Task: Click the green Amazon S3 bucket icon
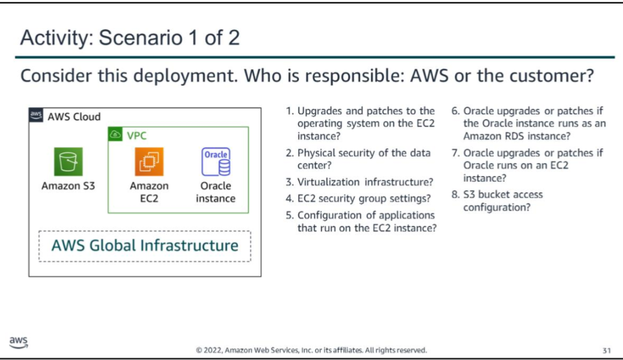coord(68,162)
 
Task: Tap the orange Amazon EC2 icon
coord(149,162)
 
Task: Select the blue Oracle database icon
coord(216,162)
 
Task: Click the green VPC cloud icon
coord(115,135)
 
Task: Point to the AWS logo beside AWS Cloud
coord(36,115)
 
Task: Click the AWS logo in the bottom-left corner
coord(18,343)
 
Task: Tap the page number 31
coord(606,351)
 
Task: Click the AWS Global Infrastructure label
coord(145,246)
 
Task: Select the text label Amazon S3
coord(68,186)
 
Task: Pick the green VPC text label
coord(137,136)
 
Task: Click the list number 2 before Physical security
coord(289,153)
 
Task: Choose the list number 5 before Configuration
coord(289,216)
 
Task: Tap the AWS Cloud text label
coord(74,117)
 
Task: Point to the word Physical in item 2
coord(314,153)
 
